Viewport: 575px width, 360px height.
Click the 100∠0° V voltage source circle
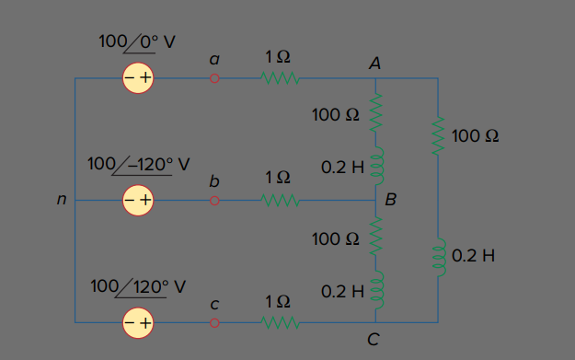pos(138,77)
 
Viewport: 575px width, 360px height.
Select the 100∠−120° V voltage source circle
pos(138,201)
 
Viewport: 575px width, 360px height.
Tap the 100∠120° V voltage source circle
pos(138,323)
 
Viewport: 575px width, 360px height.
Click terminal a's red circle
pos(214,78)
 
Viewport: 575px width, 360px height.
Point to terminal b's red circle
pos(214,201)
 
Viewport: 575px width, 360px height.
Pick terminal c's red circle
pos(214,323)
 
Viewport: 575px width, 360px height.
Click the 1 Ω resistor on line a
pos(281,78)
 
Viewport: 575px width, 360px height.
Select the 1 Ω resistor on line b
pos(281,201)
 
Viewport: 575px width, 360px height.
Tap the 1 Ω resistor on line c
pos(281,323)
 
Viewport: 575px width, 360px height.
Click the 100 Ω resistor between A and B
pos(376,112)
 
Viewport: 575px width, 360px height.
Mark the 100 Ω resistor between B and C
pos(376,236)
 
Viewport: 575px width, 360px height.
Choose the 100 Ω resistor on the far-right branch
pos(438,135)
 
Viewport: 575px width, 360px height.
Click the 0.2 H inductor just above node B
pos(377,166)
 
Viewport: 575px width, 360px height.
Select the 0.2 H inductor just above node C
pos(377,290)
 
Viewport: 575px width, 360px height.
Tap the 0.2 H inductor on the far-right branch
pos(440,257)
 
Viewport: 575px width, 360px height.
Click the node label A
pos(374,64)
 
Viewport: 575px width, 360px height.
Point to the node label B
pos(391,199)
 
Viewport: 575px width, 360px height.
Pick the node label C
pos(374,340)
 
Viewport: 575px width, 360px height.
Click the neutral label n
pos(62,199)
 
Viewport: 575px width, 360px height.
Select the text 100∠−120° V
pos(139,165)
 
